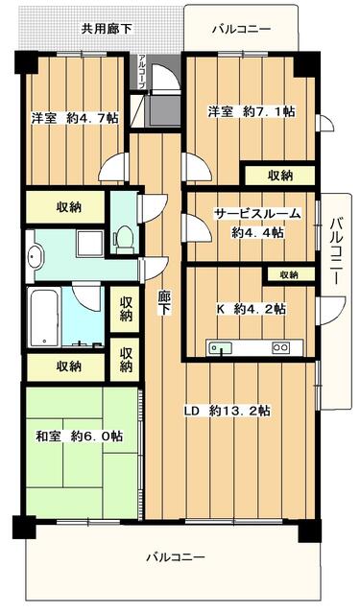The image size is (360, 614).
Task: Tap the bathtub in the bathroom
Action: (x=45, y=318)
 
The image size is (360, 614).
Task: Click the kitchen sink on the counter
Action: (x=221, y=347)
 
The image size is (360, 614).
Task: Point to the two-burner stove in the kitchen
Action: (x=281, y=347)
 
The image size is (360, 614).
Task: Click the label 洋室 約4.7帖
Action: (x=75, y=118)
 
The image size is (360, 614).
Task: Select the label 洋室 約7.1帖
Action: (x=252, y=112)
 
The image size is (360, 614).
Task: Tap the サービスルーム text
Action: (x=257, y=215)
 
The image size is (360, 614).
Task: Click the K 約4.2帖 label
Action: (x=252, y=309)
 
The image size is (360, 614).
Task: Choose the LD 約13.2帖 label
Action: (x=228, y=411)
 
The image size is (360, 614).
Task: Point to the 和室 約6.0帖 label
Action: (x=79, y=436)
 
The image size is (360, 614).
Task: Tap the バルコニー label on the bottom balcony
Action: (x=175, y=556)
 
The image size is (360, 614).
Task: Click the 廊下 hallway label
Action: (x=164, y=303)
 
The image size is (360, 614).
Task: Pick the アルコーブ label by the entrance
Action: (x=142, y=71)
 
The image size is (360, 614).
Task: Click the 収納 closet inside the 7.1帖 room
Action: (x=280, y=176)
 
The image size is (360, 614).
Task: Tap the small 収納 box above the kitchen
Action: (x=289, y=275)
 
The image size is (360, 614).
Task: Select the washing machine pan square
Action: (x=89, y=243)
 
